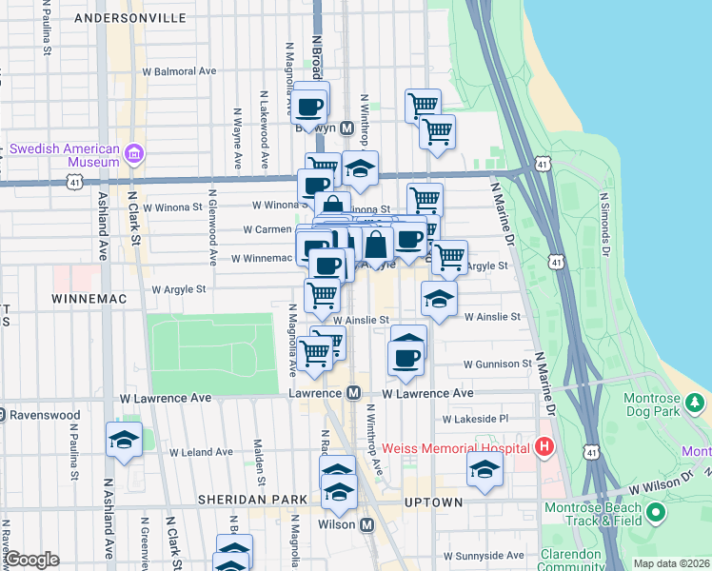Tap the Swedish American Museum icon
(x=134, y=154)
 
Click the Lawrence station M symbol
(x=353, y=393)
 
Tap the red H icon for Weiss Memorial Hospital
(x=544, y=446)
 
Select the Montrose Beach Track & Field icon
(x=655, y=514)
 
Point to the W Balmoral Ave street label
(x=179, y=71)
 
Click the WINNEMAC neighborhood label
(x=84, y=297)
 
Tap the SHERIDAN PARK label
(x=251, y=500)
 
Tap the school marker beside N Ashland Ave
(x=124, y=441)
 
